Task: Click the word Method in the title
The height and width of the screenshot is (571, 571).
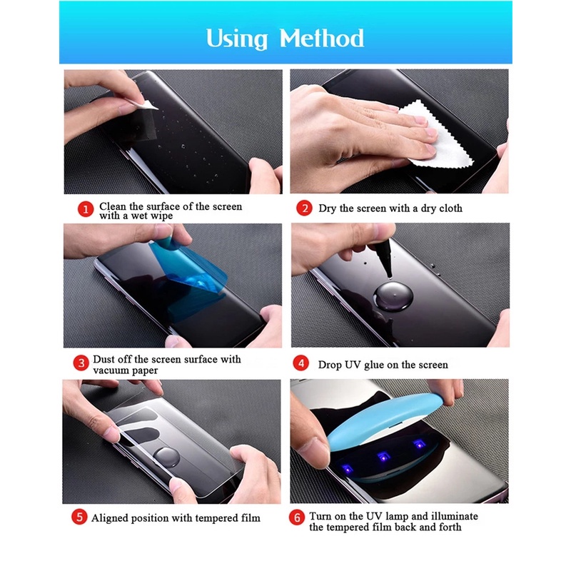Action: click(322, 38)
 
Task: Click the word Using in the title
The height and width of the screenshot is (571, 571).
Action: click(237, 39)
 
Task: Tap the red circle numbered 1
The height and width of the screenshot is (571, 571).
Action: click(86, 209)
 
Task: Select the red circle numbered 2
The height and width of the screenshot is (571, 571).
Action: click(305, 208)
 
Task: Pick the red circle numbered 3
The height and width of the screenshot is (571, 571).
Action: click(81, 363)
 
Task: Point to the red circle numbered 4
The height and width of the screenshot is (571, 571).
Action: click(300, 363)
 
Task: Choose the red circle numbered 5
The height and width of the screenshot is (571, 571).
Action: click(79, 517)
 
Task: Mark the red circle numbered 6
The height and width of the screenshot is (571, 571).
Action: click(297, 518)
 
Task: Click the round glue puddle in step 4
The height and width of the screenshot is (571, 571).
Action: click(394, 298)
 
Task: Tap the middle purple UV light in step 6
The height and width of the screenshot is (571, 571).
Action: click(383, 456)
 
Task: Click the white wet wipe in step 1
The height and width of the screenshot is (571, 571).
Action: click(145, 103)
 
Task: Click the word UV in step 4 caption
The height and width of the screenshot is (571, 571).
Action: click(353, 365)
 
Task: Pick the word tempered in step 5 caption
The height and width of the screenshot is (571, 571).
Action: click(216, 519)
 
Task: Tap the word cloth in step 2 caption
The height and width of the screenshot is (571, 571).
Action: click(451, 208)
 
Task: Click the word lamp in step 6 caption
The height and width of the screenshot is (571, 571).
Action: click(398, 517)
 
